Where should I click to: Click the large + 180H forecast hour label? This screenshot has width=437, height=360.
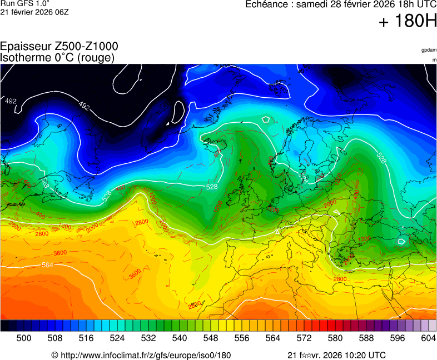pos(408,22)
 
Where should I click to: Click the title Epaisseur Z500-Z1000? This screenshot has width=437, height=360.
pos(59,47)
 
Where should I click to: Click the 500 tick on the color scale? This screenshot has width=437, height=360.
pos(24,337)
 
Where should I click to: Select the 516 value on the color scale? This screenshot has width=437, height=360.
pos(86,337)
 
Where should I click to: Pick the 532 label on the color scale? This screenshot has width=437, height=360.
pos(148,337)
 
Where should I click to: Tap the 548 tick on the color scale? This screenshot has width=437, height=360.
pos(211,337)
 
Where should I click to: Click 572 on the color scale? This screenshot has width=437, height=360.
pos(304,337)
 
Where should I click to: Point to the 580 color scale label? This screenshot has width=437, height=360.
pos(335,337)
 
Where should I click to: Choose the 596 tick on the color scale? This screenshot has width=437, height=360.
pos(398,337)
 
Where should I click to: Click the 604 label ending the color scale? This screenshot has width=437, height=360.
pos(428,337)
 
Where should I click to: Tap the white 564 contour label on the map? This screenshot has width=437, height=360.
pos(48,265)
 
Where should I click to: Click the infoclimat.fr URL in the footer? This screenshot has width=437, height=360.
pos(146,355)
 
